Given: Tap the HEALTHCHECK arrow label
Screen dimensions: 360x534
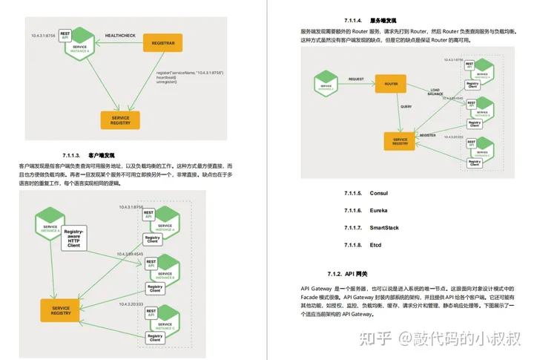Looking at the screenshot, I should pos(119,35).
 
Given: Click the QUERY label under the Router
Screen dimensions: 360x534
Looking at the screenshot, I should pos(386,105).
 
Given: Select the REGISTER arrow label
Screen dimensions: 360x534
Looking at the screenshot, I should pos(427,136).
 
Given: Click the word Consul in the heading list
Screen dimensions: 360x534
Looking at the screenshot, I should pos(378,193).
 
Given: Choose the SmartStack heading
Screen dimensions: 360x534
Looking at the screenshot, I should pos(383,227).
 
